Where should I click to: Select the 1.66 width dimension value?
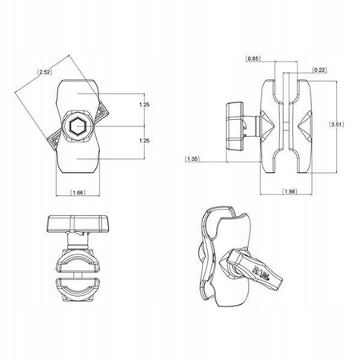pyautogui.click(x=78, y=193)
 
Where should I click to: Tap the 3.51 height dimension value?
pyautogui.click(x=339, y=125)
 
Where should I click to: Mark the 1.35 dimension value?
pyautogui.click(x=194, y=159)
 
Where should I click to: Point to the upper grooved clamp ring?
pyautogui.click(x=78, y=260)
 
